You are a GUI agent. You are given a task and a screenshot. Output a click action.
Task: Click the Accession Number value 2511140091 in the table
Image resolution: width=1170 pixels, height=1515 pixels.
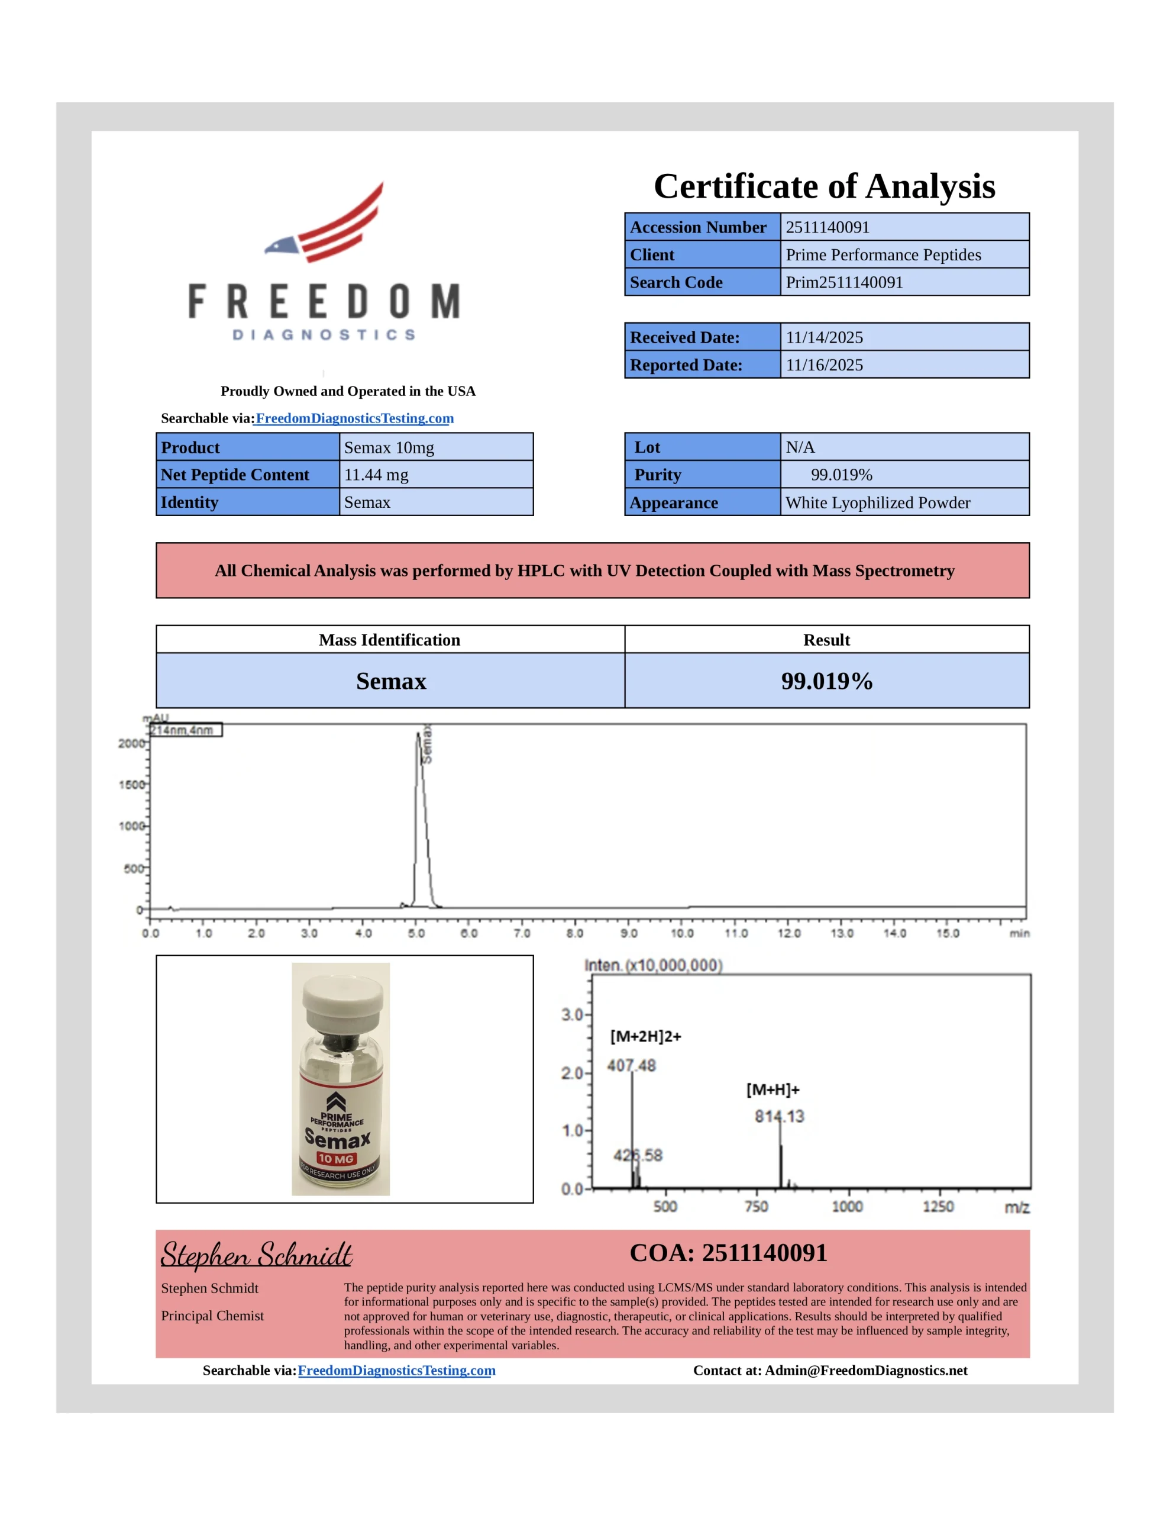coord(827,227)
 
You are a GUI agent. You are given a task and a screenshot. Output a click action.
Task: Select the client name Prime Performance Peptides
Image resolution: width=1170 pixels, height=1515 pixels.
coord(883,254)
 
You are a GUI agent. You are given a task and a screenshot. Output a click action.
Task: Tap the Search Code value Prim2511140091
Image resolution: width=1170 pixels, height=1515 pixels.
coord(844,282)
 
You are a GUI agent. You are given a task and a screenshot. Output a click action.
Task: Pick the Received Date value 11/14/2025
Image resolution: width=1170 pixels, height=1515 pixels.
coord(824,338)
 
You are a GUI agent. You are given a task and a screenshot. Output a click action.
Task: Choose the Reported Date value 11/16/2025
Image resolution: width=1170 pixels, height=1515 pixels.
coord(824,365)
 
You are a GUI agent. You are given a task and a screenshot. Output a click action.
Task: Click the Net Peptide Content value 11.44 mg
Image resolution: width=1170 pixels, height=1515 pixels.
coord(376,475)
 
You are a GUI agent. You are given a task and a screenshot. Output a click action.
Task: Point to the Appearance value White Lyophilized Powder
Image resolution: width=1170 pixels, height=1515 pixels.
coord(877,503)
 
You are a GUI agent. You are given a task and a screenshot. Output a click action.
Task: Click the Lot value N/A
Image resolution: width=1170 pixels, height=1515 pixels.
coord(800,447)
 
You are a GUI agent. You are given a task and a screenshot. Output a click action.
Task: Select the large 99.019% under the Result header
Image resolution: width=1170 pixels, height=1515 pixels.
coord(827,681)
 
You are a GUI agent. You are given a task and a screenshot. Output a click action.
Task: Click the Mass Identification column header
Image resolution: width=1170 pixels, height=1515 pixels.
coord(389,640)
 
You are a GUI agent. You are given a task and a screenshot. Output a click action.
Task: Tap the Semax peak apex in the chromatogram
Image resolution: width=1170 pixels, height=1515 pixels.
coord(418,734)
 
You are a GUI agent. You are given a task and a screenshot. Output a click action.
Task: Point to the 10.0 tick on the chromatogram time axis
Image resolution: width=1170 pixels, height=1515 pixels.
coord(682,933)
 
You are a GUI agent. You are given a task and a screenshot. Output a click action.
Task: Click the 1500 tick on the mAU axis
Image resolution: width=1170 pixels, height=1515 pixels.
coord(131,785)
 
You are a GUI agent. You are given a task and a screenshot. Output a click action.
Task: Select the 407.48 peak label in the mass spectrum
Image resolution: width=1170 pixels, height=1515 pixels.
coord(631,1065)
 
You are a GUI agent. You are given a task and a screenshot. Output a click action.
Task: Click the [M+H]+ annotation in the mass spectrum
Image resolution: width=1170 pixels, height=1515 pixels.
coord(773,1089)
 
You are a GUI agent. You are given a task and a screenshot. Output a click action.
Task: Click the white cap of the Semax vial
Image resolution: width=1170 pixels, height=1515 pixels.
coord(342,1001)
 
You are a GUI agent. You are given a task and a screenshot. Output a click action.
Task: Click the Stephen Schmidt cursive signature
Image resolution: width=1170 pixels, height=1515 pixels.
coord(256,1256)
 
